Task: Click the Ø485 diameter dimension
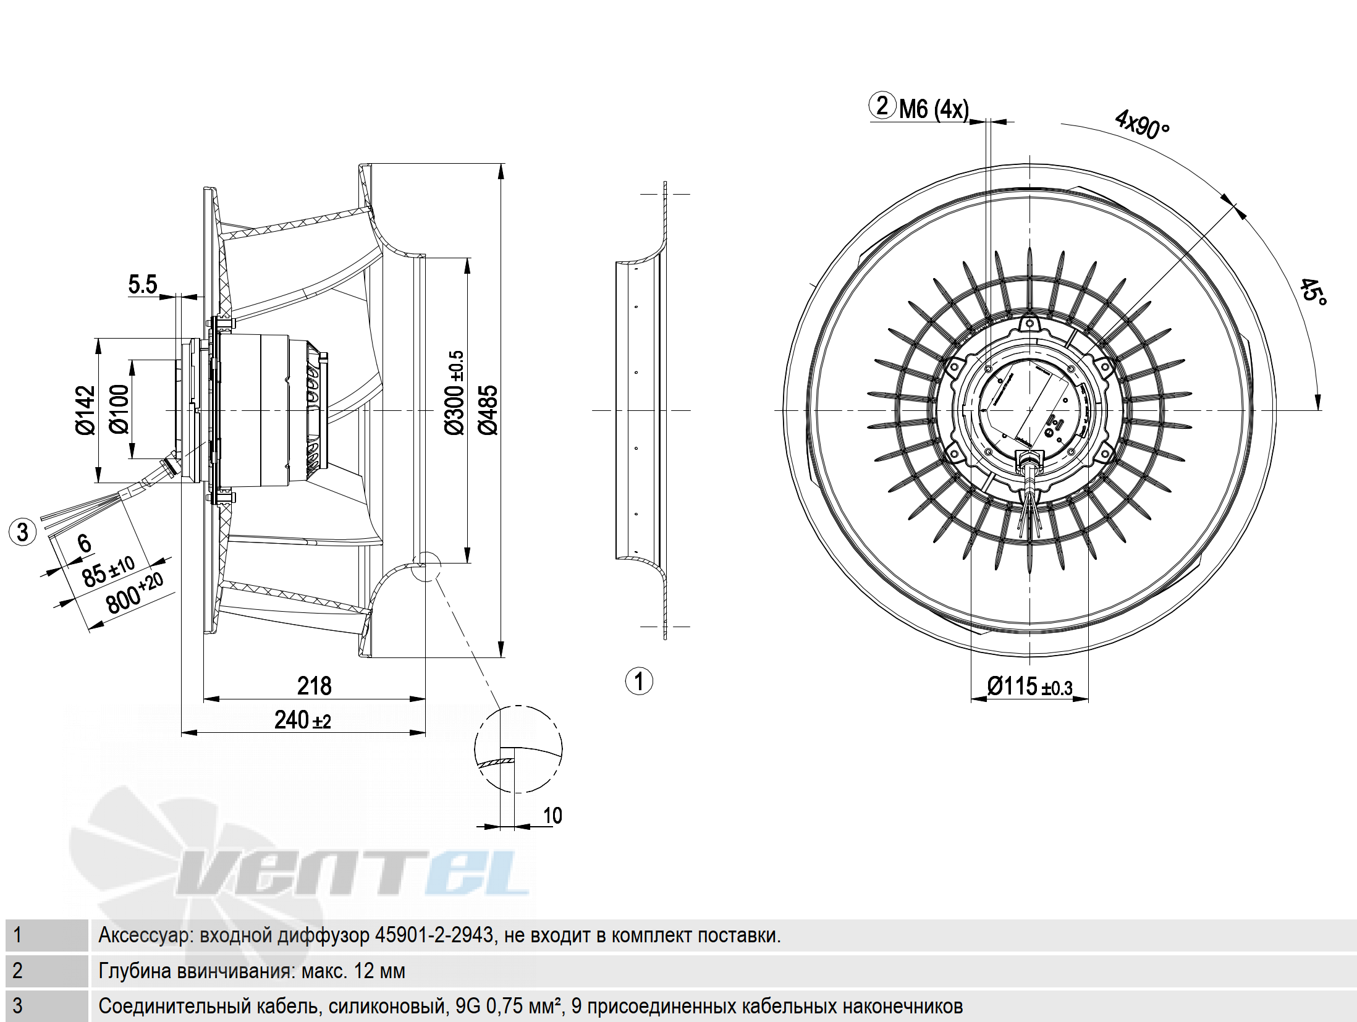tap(488, 410)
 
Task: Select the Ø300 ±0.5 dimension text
tap(454, 393)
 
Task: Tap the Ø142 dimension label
tap(85, 410)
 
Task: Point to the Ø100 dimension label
tap(119, 409)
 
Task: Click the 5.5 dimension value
tap(143, 284)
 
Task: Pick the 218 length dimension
tap(314, 686)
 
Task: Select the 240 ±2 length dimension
tap(303, 720)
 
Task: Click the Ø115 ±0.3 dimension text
tap(1029, 686)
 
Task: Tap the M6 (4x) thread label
tap(934, 109)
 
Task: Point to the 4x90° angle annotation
tap(1142, 124)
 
